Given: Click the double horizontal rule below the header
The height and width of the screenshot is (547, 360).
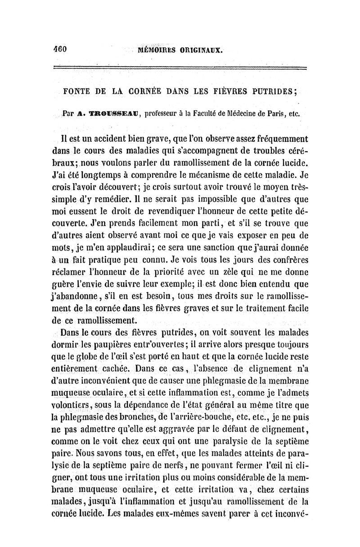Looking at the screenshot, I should (180, 68).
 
